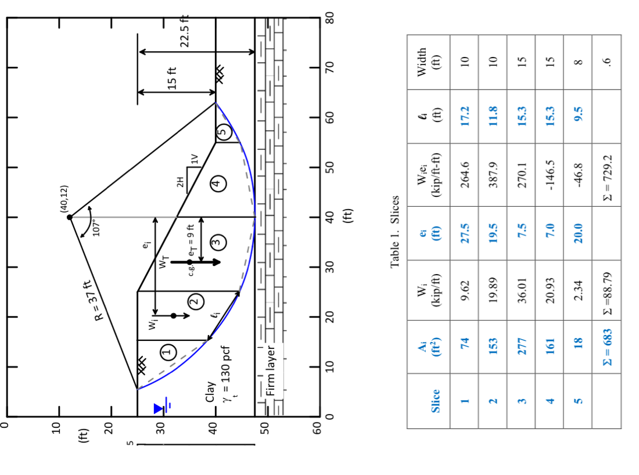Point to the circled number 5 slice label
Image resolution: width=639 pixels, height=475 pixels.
click(x=223, y=133)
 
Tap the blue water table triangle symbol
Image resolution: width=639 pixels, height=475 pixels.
click(x=159, y=409)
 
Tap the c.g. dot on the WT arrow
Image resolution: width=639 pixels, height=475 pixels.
click(x=190, y=262)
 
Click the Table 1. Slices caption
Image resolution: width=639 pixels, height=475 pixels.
click(x=395, y=231)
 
